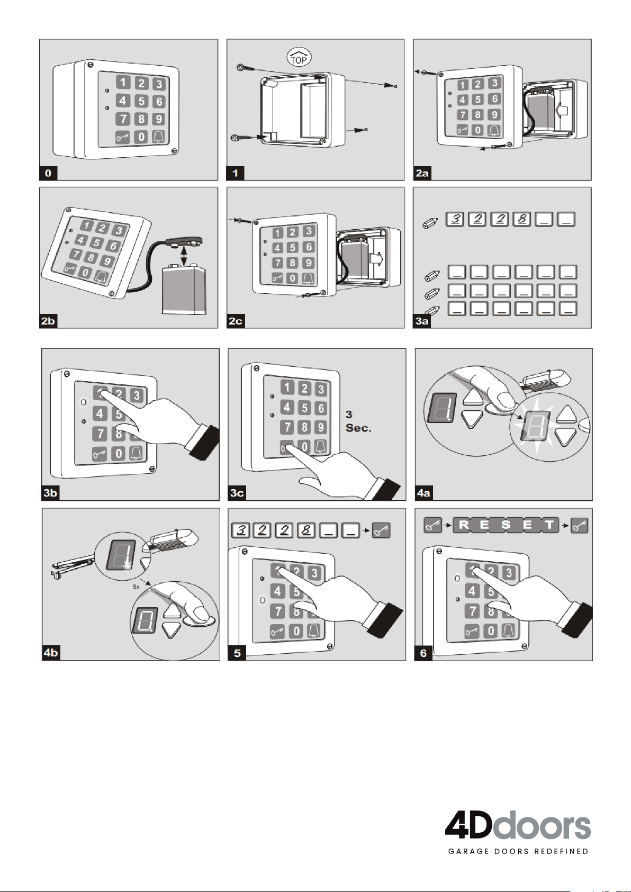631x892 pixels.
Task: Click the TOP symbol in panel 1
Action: pos(299,58)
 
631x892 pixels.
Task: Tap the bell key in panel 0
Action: pos(158,137)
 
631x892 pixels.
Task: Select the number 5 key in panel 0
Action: pos(141,101)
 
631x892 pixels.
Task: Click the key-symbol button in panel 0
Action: pos(123,138)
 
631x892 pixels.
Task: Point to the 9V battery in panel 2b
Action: pos(184,290)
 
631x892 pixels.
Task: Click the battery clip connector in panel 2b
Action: pos(184,242)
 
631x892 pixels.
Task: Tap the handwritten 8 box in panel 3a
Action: pos(522,219)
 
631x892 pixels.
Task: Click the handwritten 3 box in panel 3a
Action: pos(455,219)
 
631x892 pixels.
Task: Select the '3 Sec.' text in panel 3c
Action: pos(358,421)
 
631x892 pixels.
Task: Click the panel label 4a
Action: pos(423,493)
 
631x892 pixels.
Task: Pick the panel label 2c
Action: pos(235,321)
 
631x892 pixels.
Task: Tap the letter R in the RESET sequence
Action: pos(464,525)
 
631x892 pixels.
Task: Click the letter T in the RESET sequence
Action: pos(550,525)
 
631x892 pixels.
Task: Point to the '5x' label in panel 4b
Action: pos(136,587)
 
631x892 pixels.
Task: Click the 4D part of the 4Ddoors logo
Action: pos(468,825)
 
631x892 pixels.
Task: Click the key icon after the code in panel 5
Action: pos(381,530)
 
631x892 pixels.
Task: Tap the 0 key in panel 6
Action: pos(491,631)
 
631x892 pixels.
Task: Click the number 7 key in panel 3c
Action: pos(286,427)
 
